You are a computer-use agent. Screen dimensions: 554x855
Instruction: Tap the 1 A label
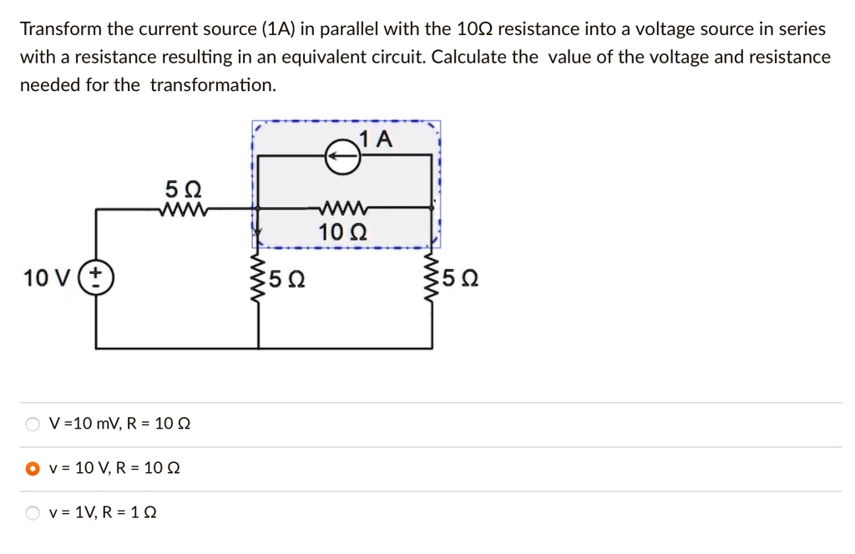(377, 139)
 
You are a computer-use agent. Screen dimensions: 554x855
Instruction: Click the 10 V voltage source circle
(97, 277)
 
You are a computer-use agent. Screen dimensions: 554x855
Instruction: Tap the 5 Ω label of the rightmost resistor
(463, 278)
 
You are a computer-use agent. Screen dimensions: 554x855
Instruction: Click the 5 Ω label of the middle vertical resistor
(288, 278)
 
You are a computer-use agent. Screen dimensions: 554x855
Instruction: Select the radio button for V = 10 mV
(33, 424)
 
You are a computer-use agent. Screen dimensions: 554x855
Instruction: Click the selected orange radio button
(33, 468)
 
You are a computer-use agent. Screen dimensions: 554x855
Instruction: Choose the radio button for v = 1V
(33, 512)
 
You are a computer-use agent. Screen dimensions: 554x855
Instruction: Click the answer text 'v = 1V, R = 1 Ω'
(103, 512)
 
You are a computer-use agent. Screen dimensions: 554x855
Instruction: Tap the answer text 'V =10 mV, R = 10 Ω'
(120, 424)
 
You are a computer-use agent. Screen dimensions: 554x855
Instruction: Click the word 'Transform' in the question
(60, 29)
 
